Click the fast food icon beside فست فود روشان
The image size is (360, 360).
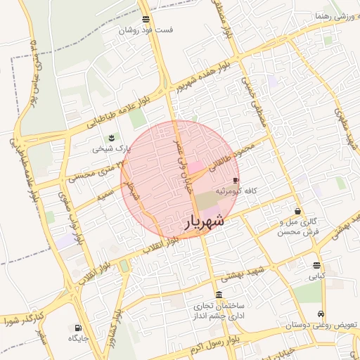[146, 19]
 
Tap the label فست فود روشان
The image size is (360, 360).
[146, 30]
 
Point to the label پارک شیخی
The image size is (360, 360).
[111, 149]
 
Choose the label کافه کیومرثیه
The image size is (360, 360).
[245, 191]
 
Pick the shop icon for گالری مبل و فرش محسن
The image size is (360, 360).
[298, 211]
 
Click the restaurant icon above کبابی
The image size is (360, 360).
[317, 266]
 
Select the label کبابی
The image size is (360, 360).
[318, 277]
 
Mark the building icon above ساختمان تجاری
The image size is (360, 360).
[220, 295]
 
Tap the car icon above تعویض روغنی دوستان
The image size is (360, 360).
[321, 314]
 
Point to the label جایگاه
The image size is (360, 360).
[77, 339]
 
